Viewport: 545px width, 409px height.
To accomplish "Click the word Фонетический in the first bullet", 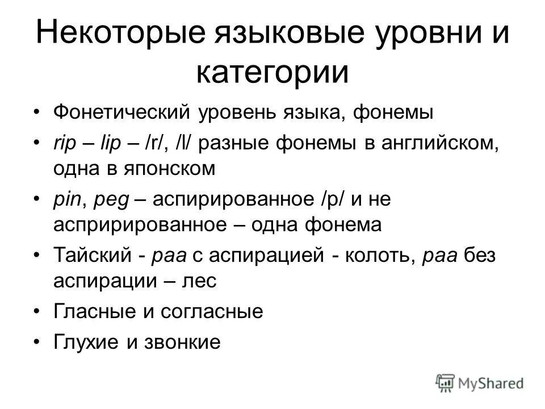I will [122, 112].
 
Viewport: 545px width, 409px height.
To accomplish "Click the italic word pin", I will [67, 200].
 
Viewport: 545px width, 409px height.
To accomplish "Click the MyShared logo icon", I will [446, 382].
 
